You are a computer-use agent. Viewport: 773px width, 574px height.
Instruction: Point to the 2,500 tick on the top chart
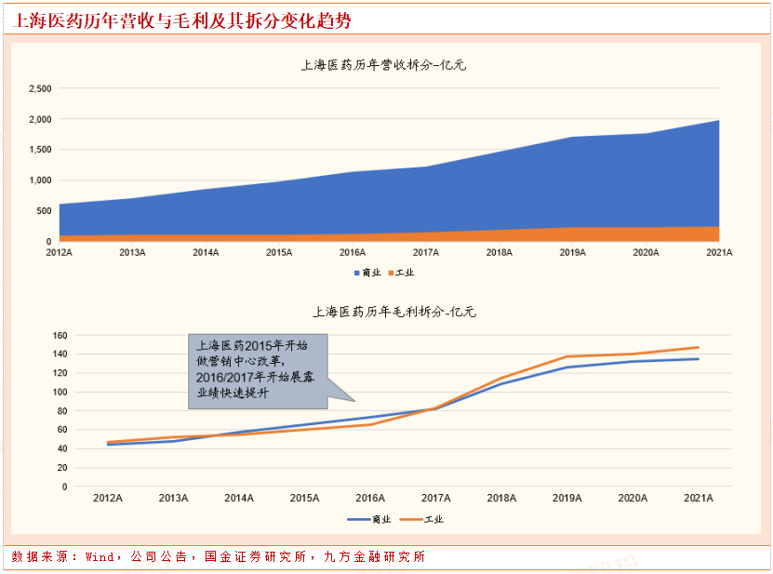point(40,89)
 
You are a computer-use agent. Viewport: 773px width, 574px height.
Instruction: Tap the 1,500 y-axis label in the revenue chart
point(40,150)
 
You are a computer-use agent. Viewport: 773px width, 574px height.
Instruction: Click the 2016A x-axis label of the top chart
point(353,253)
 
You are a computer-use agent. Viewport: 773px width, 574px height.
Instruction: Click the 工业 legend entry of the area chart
point(402,273)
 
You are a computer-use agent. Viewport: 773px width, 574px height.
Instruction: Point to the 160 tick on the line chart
point(60,335)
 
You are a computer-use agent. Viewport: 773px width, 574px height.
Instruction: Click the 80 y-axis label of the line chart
point(62,410)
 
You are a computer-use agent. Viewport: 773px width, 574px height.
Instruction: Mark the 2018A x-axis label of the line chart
point(500,499)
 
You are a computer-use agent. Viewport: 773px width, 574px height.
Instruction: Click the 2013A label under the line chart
point(173,499)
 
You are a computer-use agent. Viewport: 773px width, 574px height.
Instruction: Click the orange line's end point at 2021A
point(698,347)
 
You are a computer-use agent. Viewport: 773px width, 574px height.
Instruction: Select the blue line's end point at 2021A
point(698,359)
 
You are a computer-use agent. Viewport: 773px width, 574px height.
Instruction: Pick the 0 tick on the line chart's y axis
point(65,486)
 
